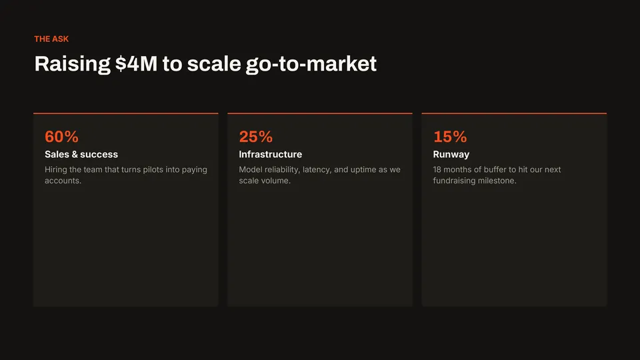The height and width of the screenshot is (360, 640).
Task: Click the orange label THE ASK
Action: pyautogui.click(x=51, y=39)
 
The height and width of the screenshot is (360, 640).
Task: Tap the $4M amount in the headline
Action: pyautogui.click(x=136, y=64)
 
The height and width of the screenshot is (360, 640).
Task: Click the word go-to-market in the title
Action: pyautogui.click(x=311, y=65)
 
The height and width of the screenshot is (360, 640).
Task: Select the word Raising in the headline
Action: pyautogui.click(x=72, y=65)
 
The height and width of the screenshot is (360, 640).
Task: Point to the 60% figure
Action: pyautogui.click(x=61, y=137)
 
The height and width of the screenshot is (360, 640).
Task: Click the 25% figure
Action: pyautogui.click(x=256, y=137)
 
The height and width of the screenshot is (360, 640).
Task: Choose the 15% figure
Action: pyautogui.click(x=450, y=137)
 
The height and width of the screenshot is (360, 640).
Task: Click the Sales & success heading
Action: pyautogui.click(x=81, y=154)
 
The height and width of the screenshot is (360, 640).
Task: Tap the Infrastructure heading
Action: pyautogui.click(x=271, y=154)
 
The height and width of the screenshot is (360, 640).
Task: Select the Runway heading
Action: pyautogui.click(x=451, y=155)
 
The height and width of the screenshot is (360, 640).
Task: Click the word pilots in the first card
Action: pyautogui.click(x=153, y=170)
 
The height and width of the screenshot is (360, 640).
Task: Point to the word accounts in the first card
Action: pyautogui.click(x=63, y=181)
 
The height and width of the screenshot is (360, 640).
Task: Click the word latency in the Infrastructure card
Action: pyautogui.click(x=317, y=170)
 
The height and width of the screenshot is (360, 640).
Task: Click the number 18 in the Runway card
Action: pyautogui.click(x=437, y=169)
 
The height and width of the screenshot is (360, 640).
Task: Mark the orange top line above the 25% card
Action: pyautogui.click(x=320, y=113)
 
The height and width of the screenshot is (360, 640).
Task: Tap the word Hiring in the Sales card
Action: pyautogui.click(x=56, y=170)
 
